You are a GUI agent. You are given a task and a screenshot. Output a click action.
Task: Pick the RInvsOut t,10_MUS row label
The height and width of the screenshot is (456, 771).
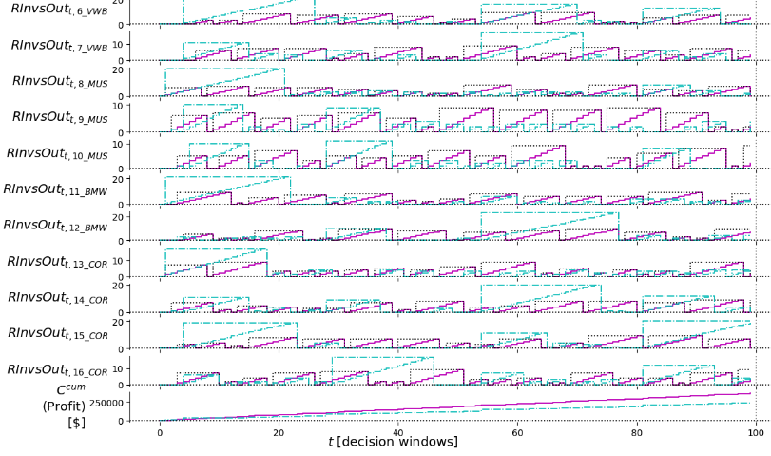pyautogui.click(x=59, y=153)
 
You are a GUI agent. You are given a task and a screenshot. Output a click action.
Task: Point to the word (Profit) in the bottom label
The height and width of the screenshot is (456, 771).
pyautogui.click(x=63, y=406)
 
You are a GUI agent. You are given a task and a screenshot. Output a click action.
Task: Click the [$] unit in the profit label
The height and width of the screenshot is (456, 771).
pyautogui.click(x=76, y=422)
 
